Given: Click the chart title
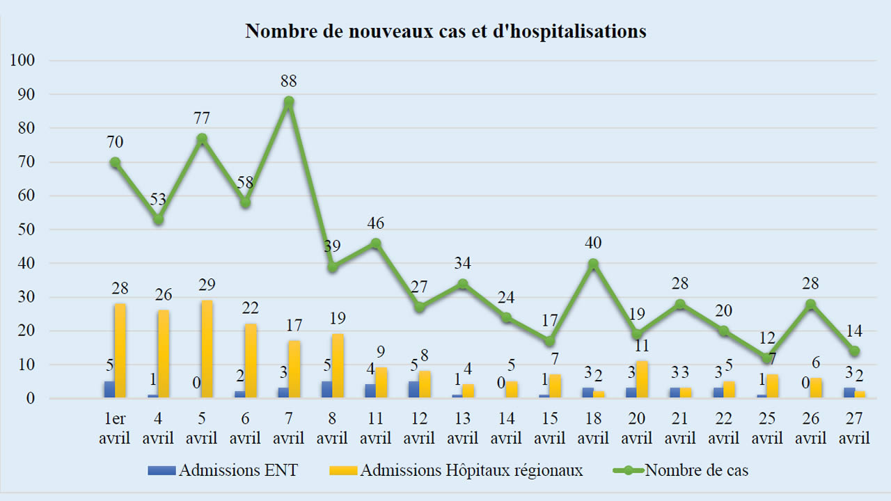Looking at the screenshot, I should (x=445, y=31).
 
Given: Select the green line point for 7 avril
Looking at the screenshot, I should (x=289, y=102).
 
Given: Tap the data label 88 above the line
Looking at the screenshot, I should (x=289, y=81).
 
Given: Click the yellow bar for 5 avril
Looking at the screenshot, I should (x=207, y=349).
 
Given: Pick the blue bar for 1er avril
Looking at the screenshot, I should (x=109, y=390).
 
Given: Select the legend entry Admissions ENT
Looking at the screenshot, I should (x=223, y=470).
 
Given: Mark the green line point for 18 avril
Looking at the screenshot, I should (x=593, y=264).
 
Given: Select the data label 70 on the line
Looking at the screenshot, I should (x=115, y=143).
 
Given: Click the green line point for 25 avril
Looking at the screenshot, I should (x=767, y=358).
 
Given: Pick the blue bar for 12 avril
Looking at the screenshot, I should (x=413, y=390).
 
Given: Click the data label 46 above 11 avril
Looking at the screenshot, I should (x=376, y=223).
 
